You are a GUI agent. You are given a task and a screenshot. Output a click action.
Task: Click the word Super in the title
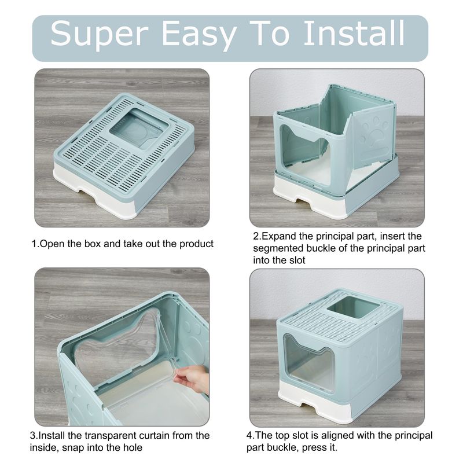[x=99, y=34]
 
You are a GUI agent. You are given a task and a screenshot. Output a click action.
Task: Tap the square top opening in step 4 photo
[x=353, y=307]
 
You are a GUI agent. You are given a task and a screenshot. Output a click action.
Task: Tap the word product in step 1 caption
[x=196, y=244]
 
